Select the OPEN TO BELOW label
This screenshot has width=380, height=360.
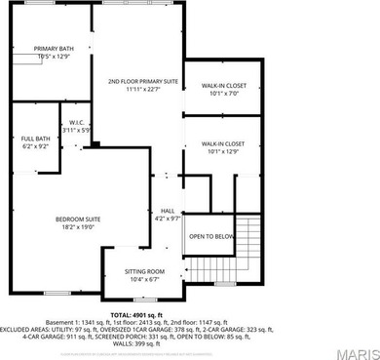[211, 237]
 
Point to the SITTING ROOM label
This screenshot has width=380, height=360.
[144, 271]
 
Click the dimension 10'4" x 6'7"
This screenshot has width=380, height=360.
[144, 279]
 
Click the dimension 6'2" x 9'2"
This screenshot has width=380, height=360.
[33, 146]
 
